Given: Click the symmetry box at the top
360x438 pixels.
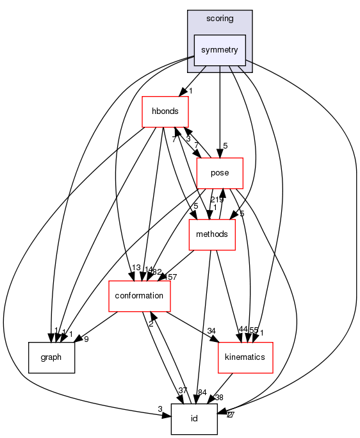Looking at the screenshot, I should [x=220, y=50].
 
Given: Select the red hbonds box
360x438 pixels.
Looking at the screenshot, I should [x=165, y=111].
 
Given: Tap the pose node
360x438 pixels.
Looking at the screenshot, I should [x=220, y=172].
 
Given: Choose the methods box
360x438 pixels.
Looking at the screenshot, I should [x=212, y=234].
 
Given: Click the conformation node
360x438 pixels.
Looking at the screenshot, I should [x=139, y=295].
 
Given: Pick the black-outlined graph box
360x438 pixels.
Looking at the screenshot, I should [x=51, y=357].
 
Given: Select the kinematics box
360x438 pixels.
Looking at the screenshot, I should [x=246, y=357].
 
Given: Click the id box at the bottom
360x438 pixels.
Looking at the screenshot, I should [x=194, y=419].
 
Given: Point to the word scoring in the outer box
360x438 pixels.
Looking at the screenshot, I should [x=219, y=18].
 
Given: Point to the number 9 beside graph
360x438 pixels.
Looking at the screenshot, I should [x=86, y=339].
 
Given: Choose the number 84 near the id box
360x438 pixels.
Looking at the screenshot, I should [x=202, y=391].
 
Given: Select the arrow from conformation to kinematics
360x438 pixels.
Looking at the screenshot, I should [x=193, y=326].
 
